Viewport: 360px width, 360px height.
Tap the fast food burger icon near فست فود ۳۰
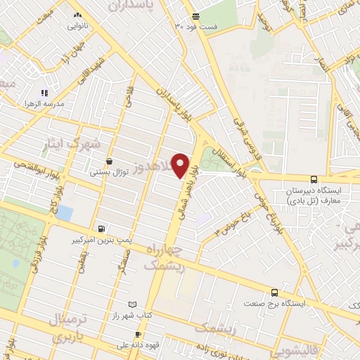[x=195, y=15]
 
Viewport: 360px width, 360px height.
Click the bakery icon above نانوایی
[x=77, y=15]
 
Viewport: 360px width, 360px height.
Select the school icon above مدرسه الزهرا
[x=44, y=92]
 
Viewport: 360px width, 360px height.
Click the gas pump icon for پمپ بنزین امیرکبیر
[x=103, y=228]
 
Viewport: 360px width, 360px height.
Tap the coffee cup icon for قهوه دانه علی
[x=139, y=333]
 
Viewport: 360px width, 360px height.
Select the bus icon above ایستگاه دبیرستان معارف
[x=314, y=179]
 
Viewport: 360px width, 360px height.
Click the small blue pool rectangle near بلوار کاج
[x=64, y=212]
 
